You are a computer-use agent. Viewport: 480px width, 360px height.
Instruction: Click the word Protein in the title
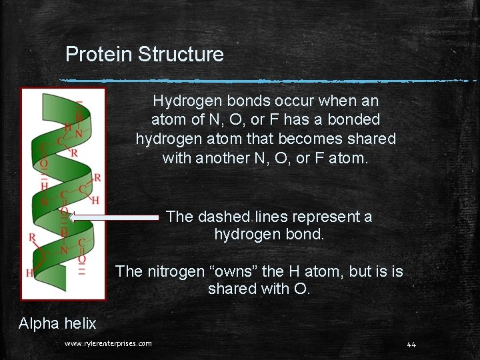pyautogui.click(x=99, y=54)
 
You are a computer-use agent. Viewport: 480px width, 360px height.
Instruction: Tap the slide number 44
pyautogui.click(x=411, y=344)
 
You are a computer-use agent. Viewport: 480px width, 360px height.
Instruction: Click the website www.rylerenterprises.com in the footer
pyautogui.click(x=108, y=343)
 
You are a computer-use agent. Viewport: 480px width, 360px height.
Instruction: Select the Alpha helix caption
pyautogui.click(x=57, y=323)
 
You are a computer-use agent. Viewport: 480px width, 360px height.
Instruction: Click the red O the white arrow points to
pyautogui.click(x=64, y=212)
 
